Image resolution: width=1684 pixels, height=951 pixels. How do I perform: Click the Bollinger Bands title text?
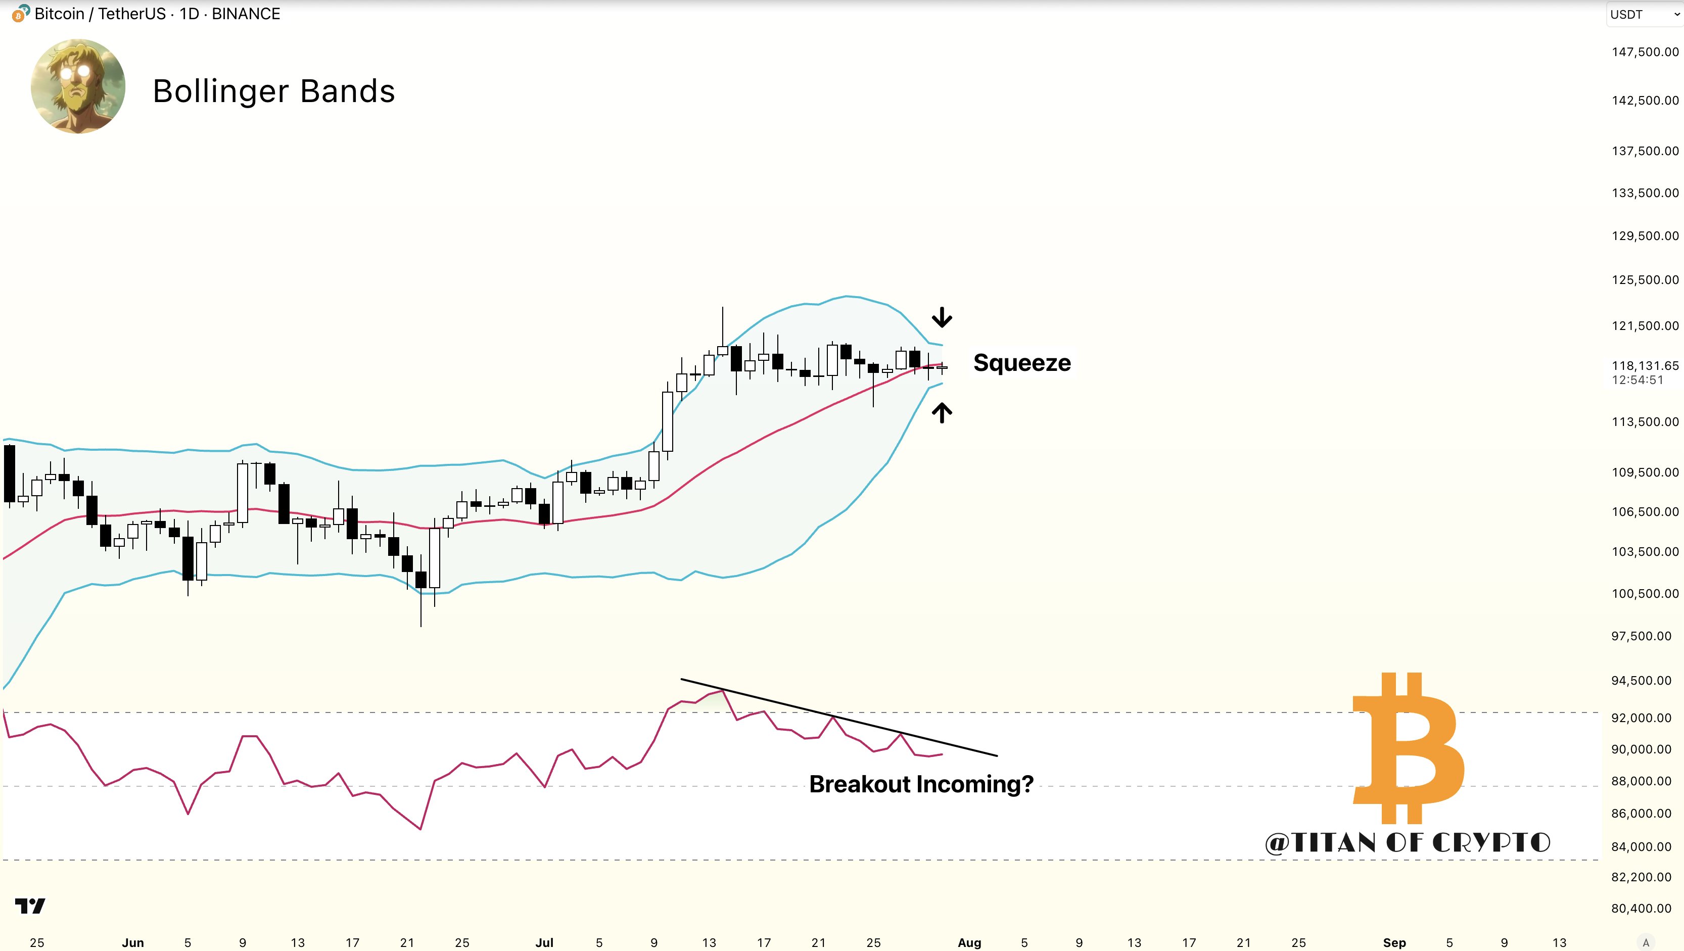(273, 91)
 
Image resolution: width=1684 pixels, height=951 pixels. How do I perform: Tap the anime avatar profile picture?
(78, 86)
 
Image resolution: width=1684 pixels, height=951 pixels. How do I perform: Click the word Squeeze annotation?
(1022, 363)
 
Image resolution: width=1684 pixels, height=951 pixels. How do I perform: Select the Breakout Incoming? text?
(921, 784)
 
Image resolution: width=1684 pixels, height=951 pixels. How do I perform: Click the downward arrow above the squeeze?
(942, 318)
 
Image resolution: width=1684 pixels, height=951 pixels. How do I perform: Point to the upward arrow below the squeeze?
(942, 412)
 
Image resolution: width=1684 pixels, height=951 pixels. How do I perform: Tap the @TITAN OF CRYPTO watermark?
(1408, 842)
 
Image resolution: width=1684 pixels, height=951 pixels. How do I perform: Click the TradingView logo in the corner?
(30, 906)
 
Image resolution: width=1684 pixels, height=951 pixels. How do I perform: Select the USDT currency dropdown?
(1644, 14)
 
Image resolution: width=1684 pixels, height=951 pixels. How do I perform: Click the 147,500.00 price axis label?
(1644, 52)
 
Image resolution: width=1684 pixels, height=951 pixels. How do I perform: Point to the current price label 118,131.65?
(1644, 365)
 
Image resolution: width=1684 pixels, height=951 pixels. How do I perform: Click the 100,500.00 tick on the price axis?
(1644, 593)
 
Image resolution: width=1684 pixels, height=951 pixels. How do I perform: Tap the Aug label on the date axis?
(969, 942)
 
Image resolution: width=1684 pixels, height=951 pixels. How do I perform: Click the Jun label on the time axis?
(133, 942)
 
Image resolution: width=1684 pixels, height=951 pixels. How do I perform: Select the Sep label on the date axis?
(1394, 942)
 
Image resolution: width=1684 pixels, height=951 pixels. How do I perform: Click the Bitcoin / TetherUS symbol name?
(100, 14)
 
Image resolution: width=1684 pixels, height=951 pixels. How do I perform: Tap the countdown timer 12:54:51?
(1638, 380)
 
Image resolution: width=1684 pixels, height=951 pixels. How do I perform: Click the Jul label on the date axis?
(544, 942)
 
